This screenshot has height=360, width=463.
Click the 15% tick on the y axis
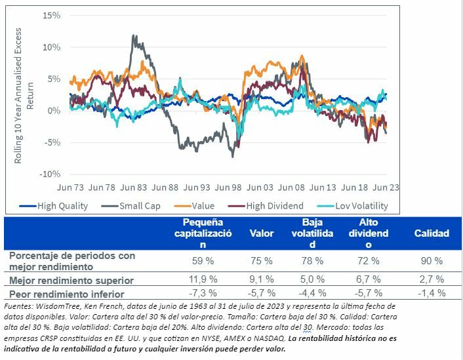52,15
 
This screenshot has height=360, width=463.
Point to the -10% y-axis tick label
50,174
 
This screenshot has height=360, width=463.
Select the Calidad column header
432,233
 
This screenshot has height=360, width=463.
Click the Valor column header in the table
262,233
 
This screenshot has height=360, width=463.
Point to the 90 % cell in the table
431,260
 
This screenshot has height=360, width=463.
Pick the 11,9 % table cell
203,280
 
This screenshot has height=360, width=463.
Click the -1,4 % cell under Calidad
431,293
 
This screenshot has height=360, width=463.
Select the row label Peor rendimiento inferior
66,294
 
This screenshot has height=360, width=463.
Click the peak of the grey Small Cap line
135,37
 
